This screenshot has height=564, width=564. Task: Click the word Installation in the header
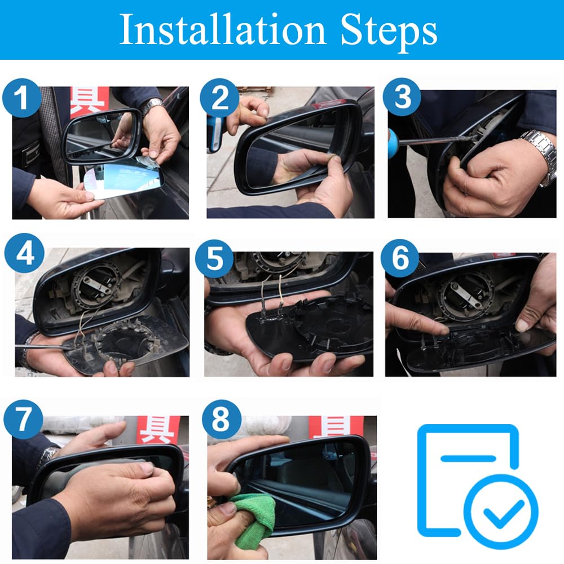(x=223, y=29)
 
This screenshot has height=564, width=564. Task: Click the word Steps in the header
(x=389, y=32)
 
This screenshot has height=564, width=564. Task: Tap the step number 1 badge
(x=21, y=98)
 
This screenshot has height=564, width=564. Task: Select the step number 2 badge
(x=219, y=98)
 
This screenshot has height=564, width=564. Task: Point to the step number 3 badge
(x=402, y=97)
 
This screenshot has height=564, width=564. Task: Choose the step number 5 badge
(x=215, y=259)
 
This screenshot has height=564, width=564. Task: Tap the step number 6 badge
(x=400, y=258)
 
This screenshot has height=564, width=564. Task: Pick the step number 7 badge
(x=23, y=419)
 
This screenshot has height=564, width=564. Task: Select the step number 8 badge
(x=221, y=419)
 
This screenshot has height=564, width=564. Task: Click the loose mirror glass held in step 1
(x=124, y=179)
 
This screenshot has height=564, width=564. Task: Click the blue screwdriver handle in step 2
(x=215, y=133)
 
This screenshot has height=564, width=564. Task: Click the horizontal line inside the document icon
(x=468, y=458)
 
